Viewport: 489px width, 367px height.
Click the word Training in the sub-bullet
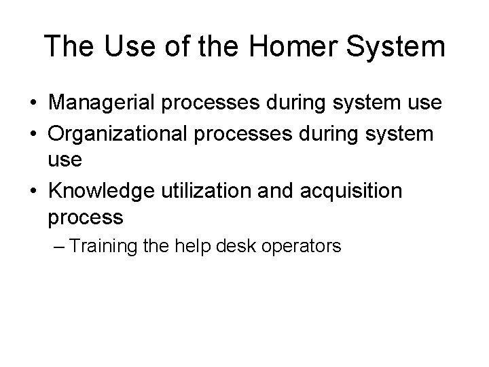pos(99,246)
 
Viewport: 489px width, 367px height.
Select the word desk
pos(237,246)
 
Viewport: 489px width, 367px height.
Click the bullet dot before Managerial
pos(33,104)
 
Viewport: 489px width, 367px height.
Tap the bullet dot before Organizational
pos(33,133)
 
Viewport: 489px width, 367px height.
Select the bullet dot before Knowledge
pos(33,191)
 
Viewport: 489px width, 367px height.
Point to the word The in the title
pos(67,47)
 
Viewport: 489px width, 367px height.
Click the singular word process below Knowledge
pos(86,219)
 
